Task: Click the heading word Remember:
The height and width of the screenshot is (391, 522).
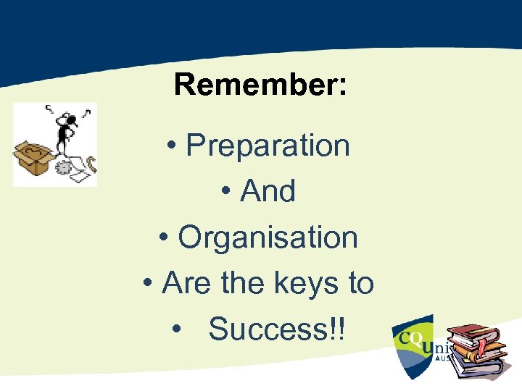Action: click(260, 85)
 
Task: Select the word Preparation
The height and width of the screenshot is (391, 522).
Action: click(268, 146)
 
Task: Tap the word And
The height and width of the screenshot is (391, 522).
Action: click(268, 192)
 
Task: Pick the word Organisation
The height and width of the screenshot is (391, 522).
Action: click(268, 237)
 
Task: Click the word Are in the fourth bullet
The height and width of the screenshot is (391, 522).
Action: click(188, 283)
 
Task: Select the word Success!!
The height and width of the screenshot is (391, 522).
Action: click(278, 329)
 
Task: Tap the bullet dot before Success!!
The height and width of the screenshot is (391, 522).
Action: click(178, 331)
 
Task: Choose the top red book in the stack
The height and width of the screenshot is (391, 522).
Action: click(471, 334)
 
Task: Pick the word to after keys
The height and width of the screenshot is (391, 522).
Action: click(360, 283)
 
